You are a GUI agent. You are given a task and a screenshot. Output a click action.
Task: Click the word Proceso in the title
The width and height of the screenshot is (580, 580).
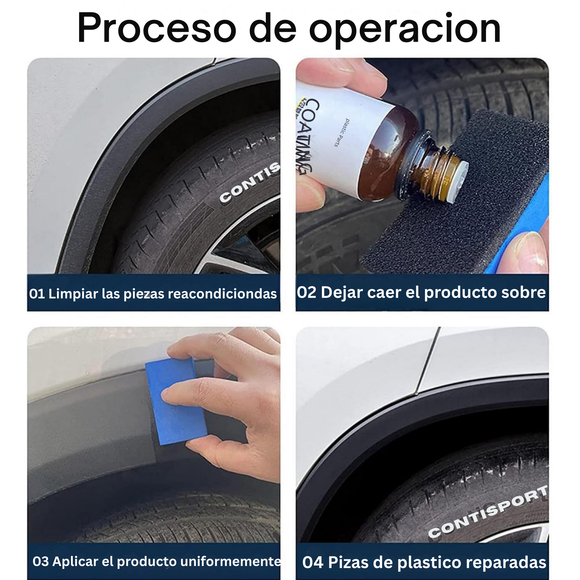coord(157,28)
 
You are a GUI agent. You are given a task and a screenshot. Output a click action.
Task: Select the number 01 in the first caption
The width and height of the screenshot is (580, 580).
coord(37,294)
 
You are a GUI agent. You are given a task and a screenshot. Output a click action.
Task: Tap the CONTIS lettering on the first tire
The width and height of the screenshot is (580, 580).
coord(250,183)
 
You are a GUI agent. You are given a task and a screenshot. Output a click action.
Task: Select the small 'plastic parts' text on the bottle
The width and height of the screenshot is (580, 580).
coord(342,133)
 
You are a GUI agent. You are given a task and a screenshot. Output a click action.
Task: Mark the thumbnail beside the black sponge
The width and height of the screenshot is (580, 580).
coord(529,250)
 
